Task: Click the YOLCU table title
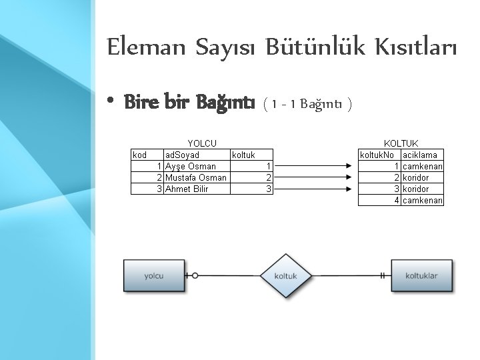202,143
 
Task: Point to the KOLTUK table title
401,143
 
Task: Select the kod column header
140,155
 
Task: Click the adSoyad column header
182,155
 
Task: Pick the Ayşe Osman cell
191,166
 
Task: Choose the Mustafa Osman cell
196,177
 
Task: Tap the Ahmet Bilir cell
187,189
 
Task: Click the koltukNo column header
379,155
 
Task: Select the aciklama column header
420,155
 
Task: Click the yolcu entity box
154,275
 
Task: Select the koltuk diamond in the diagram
285,275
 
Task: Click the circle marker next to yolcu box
195,275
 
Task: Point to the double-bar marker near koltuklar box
383,275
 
